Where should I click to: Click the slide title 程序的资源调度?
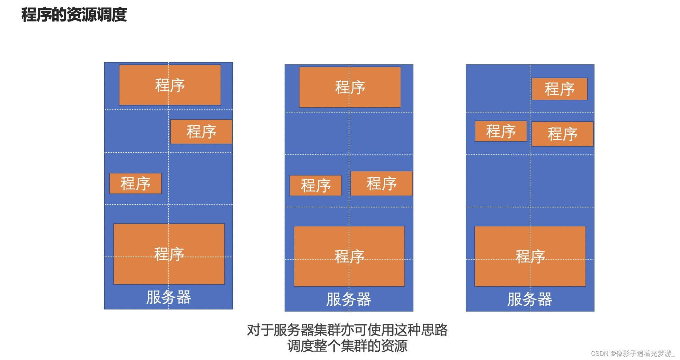click(x=74, y=15)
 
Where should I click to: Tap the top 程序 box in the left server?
click(x=170, y=85)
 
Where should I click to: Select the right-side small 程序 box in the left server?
click(x=201, y=132)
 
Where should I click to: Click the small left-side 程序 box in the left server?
click(x=135, y=183)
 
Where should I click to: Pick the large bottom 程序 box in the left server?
click(x=169, y=254)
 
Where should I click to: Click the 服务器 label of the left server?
click(x=169, y=297)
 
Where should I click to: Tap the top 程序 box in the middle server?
click(x=350, y=87)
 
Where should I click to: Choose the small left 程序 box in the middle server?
click(x=315, y=186)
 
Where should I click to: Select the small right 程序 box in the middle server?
click(x=382, y=183)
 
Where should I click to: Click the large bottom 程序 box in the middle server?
click(x=349, y=256)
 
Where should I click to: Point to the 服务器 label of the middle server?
click(x=349, y=299)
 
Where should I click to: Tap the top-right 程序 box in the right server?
click(x=560, y=89)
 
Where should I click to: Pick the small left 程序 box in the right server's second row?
click(x=501, y=131)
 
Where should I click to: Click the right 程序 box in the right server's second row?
click(x=562, y=134)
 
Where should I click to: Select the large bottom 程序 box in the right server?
click(x=530, y=256)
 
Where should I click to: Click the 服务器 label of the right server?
click(x=530, y=299)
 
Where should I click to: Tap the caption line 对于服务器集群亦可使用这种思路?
click(x=347, y=330)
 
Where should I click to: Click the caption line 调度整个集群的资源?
click(x=347, y=346)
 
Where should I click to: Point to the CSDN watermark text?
click(x=633, y=353)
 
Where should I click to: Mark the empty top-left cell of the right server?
click(x=498, y=89)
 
